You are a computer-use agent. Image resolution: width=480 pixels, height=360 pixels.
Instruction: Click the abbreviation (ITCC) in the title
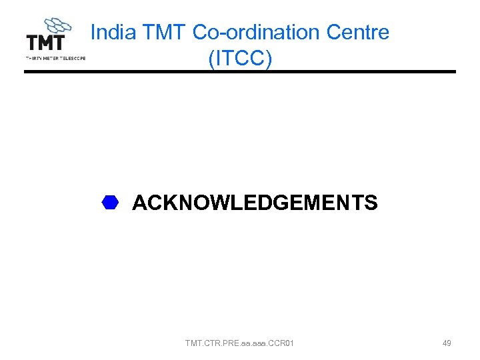pyautogui.click(x=240, y=58)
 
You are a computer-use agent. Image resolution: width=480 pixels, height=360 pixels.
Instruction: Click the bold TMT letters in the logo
pyautogui.click(x=45, y=43)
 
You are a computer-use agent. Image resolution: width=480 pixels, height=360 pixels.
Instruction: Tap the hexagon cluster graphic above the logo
pyautogui.click(x=56, y=25)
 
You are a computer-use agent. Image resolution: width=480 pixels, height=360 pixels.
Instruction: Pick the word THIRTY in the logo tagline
pyautogui.click(x=33, y=58)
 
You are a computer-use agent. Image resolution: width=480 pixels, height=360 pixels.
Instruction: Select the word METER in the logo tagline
pyautogui.click(x=51, y=58)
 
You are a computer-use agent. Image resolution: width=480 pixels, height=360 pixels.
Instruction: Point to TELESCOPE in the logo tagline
pyautogui.click(x=73, y=58)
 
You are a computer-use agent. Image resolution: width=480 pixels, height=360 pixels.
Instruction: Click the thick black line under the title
pyautogui.click(x=240, y=72)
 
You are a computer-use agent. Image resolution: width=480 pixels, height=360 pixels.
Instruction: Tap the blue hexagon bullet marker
pyautogui.click(x=110, y=203)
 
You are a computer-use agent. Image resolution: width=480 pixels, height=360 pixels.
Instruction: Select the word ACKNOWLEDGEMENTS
pyautogui.click(x=255, y=203)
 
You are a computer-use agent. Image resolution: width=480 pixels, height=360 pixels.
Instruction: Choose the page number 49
pyautogui.click(x=447, y=343)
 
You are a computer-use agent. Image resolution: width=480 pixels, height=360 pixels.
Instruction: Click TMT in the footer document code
pyautogui.click(x=194, y=343)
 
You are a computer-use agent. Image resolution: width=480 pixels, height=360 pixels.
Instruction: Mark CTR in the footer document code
pyautogui.click(x=213, y=343)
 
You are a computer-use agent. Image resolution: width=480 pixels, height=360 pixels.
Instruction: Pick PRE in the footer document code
pyautogui.click(x=231, y=343)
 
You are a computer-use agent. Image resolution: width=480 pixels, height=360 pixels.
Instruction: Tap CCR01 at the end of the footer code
pyautogui.click(x=282, y=343)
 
